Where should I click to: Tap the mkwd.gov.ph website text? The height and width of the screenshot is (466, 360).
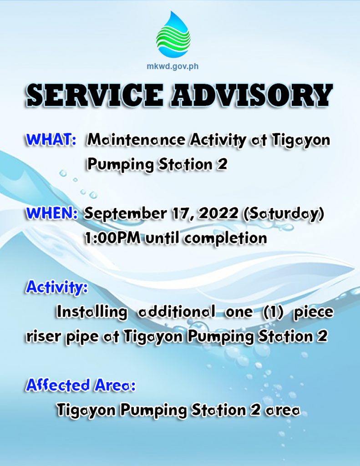[172, 66]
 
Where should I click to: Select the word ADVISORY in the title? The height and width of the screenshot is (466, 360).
[252, 95]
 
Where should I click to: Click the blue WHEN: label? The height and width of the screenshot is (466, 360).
[52, 213]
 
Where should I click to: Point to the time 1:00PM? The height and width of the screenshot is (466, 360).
[113, 238]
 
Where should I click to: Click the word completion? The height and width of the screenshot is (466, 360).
[225, 239]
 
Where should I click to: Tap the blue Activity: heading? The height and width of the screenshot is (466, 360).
[57, 287]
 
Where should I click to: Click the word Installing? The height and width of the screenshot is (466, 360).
[91, 312]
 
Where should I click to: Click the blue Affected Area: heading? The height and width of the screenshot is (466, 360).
[81, 385]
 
